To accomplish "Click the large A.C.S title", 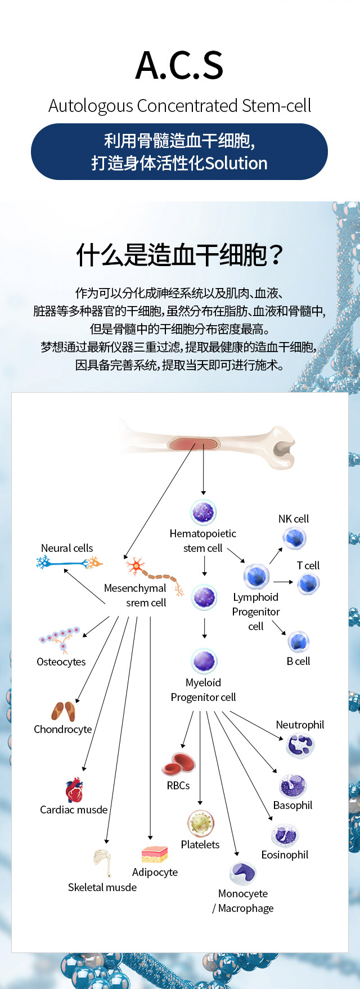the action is tap(179, 65).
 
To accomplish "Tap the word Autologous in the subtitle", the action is tap(91, 106).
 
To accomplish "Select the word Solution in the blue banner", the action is tap(236, 163).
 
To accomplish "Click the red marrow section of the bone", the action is tap(193, 443).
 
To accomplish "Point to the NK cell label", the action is tap(294, 519).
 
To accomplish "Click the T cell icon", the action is tap(309, 584).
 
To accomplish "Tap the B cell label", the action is tap(298, 661).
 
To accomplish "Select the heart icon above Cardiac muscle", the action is tap(74, 790).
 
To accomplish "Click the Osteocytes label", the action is tap(61, 662).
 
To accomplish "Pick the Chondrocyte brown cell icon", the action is tap(63, 711).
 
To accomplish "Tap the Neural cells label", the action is tap(67, 548).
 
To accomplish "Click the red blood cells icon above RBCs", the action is tap(178, 764).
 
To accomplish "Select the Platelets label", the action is tap(200, 844).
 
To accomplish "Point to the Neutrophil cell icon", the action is tap(300, 745).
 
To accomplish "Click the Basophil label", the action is tap(292, 805).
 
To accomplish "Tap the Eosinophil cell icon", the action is tap(285, 835).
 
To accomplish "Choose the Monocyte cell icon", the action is tap(243, 873).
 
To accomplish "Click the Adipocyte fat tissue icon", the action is tap(155, 854).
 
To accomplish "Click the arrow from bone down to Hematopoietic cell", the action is tap(204, 469).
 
